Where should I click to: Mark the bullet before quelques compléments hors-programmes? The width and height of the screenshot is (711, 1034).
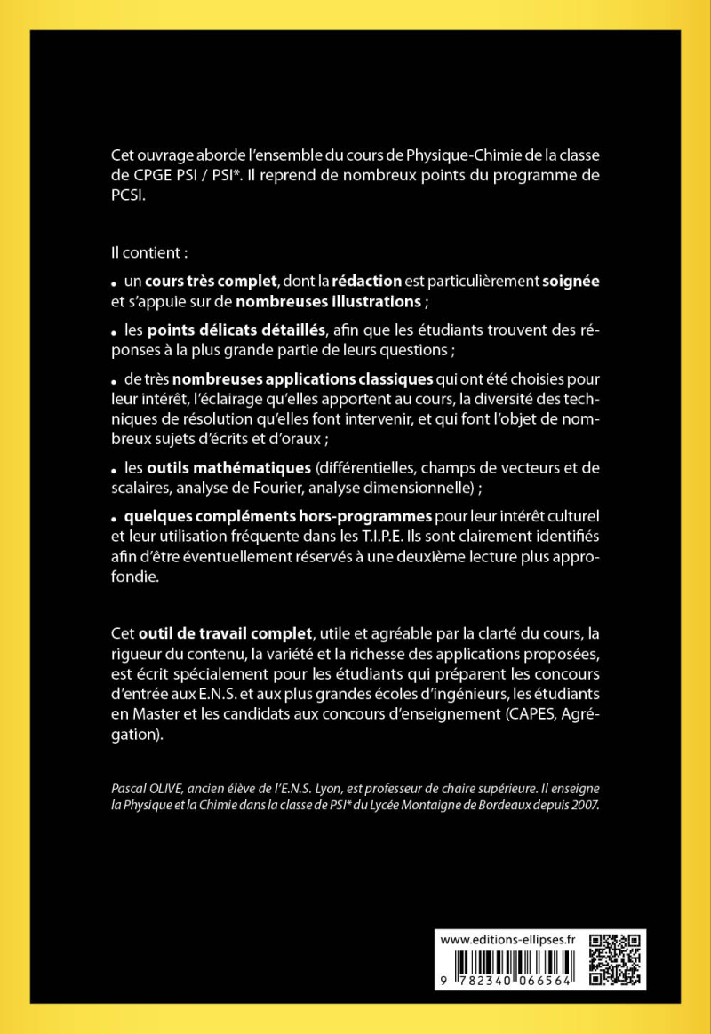pyautogui.click(x=115, y=518)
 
